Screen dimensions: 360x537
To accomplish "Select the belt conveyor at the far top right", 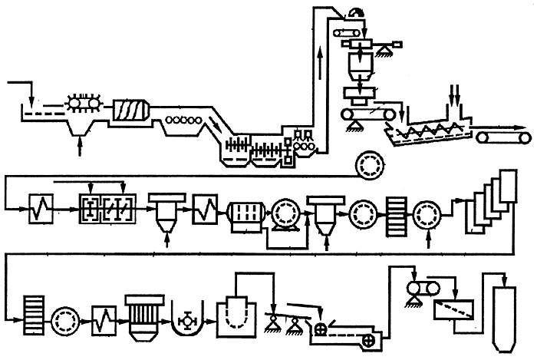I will [503, 137].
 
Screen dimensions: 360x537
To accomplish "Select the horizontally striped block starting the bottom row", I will [35, 313].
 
